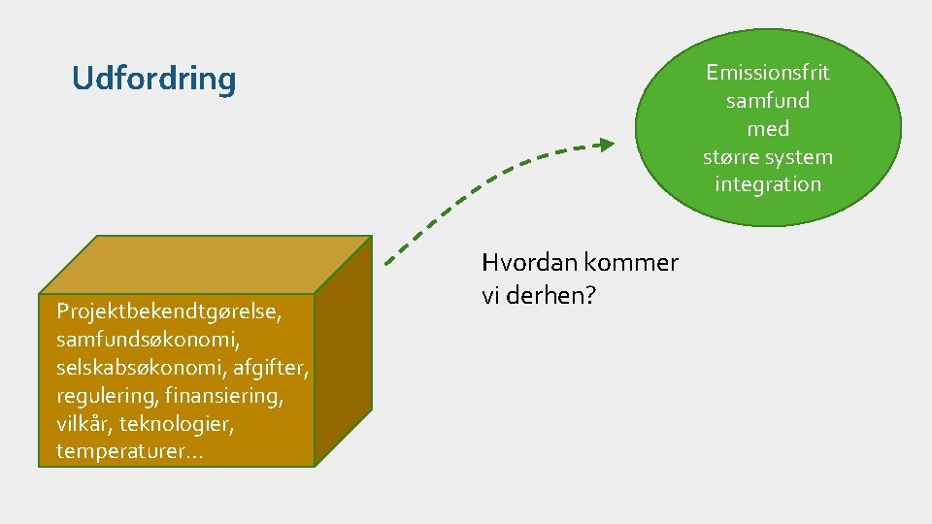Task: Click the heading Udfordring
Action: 153,79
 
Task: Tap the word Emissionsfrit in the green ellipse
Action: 768,73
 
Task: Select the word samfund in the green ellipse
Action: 768,100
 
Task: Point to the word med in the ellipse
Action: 768,128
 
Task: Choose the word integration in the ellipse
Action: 768,184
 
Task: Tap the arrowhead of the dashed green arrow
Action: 605,145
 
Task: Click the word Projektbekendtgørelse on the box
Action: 169,311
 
